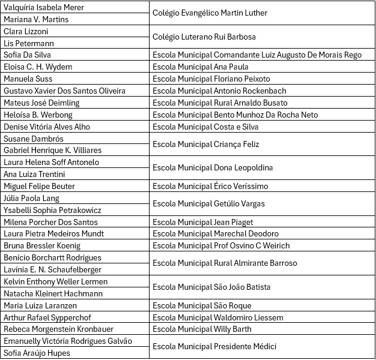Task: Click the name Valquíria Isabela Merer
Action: coord(44,7)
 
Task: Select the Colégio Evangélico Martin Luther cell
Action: coord(210,13)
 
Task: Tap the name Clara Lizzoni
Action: coord(26,31)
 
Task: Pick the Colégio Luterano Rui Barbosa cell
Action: coord(204,37)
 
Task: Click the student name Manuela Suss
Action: coord(28,79)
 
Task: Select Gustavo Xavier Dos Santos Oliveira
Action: coord(64,91)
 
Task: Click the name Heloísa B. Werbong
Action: coord(38,115)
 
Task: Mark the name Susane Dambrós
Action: coord(34,138)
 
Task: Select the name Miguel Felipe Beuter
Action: coord(39,186)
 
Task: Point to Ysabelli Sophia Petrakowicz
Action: coord(52,210)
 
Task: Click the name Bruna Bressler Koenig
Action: coord(42,245)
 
